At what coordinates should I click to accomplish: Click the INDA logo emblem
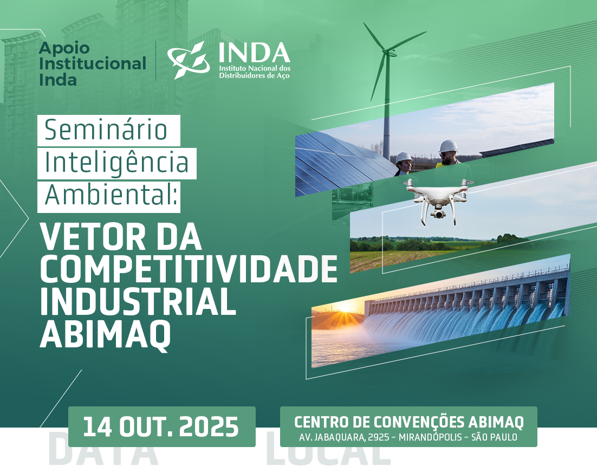pyautogui.click(x=189, y=60)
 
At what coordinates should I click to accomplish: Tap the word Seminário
pyautogui.click(x=106, y=130)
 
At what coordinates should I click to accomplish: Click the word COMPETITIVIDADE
pyautogui.click(x=189, y=269)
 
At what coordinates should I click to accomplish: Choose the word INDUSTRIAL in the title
pyautogui.click(x=138, y=301)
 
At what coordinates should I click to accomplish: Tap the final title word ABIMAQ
pyautogui.click(x=105, y=334)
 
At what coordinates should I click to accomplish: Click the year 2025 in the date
pyautogui.click(x=209, y=426)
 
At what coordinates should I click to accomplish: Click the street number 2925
pyautogui.click(x=379, y=437)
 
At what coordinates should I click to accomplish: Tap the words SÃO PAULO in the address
pyautogui.click(x=494, y=437)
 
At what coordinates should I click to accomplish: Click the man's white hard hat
pyautogui.click(x=448, y=146)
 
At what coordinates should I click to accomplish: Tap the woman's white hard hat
pyautogui.click(x=404, y=158)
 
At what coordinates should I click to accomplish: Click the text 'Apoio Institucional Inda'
pyautogui.click(x=92, y=64)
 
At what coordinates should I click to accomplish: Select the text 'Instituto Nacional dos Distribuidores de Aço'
pyautogui.click(x=254, y=72)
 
